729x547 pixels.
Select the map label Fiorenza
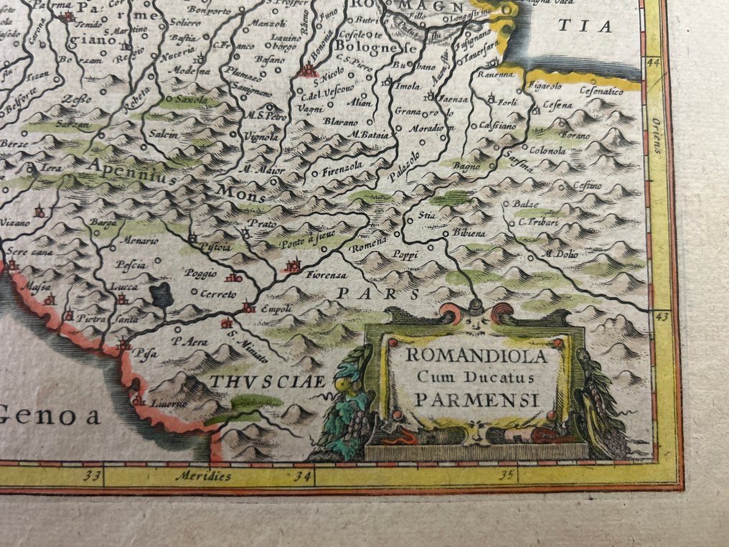(x=326, y=275)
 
